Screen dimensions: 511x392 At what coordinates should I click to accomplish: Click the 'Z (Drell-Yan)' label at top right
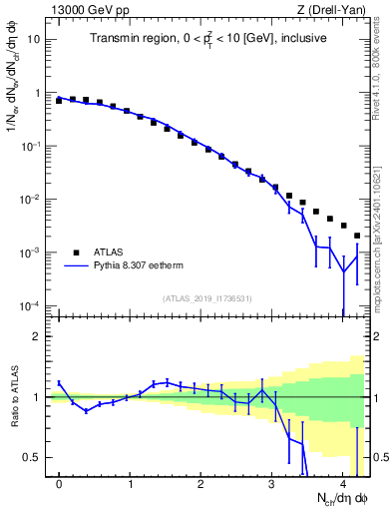[335, 9]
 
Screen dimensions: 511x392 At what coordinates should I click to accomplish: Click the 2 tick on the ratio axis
[37, 336]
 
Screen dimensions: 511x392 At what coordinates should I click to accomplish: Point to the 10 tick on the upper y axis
[33, 40]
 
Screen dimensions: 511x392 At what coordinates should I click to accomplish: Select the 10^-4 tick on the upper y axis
[31, 305]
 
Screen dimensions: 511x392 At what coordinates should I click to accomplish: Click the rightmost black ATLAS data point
[357, 236]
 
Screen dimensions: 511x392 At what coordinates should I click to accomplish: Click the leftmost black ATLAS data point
[59, 101]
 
